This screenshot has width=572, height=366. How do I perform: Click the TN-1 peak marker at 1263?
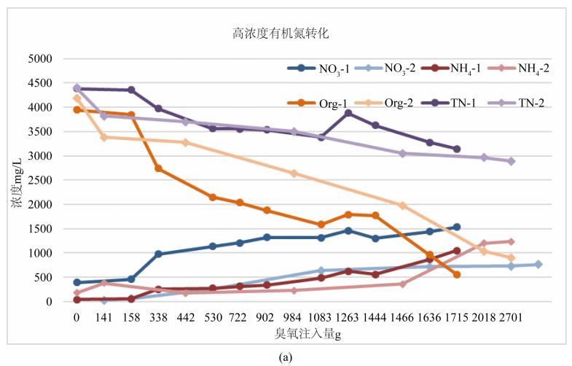pos(348,113)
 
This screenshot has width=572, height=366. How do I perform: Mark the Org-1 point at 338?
pos(158,168)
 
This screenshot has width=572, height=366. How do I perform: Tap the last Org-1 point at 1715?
pos(457,274)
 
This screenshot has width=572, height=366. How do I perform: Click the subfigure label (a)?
pos(285,357)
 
